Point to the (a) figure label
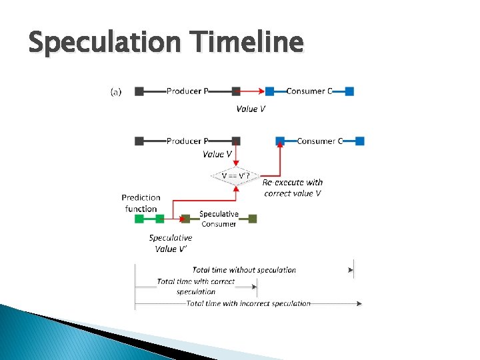(x=116, y=92)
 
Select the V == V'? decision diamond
(x=236, y=176)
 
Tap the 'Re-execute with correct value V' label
(x=293, y=187)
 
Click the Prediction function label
(x=141, y=203)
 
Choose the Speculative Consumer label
(x=219, y=219)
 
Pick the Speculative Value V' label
(x=170, y=243)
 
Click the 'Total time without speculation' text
(x=244, y=270)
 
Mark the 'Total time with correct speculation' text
(x=196, y=286)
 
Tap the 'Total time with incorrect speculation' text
(x=248, y=303)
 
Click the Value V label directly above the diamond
(x=217, y=154)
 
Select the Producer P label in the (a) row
(x=187, y=91)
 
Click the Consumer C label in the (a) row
(x=309, y=91)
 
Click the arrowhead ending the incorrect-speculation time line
(x=359, y=303)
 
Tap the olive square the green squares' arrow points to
(x=186, y=218)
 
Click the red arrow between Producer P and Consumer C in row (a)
(x=253, y=91)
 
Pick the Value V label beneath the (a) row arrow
(x=251, y=109)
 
